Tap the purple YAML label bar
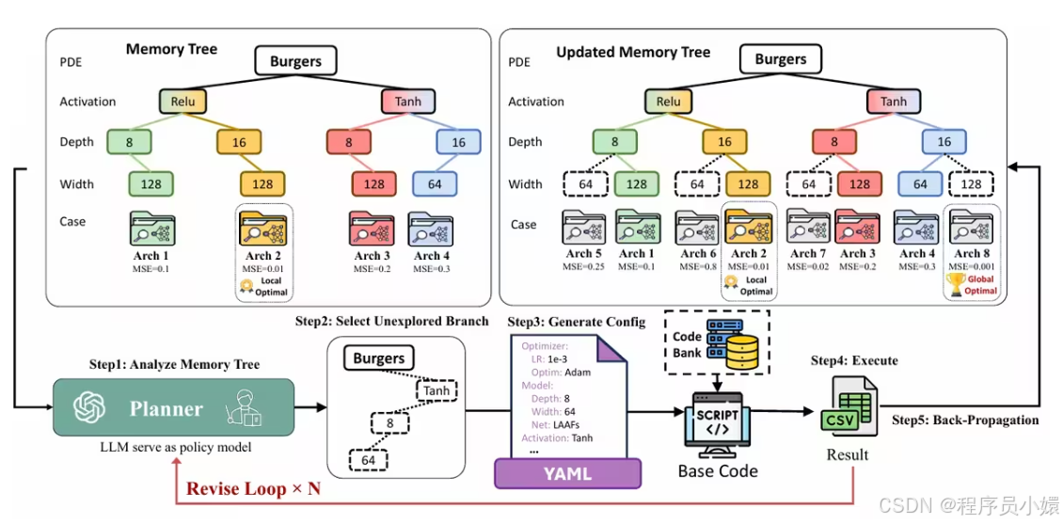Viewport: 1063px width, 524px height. click(567, 473)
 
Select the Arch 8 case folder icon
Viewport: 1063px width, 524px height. click(967, 229)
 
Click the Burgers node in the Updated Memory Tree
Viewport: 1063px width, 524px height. click(780, 60)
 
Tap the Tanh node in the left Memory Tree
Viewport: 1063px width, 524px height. click(408, 102)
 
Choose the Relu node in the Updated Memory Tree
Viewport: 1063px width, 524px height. click(668, 102)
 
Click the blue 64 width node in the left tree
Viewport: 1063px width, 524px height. click(434, 183)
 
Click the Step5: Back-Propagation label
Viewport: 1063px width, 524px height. click(964, 420)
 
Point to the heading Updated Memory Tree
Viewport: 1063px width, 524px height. click(633, 53)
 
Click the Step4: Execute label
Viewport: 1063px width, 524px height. click(854, 360)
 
